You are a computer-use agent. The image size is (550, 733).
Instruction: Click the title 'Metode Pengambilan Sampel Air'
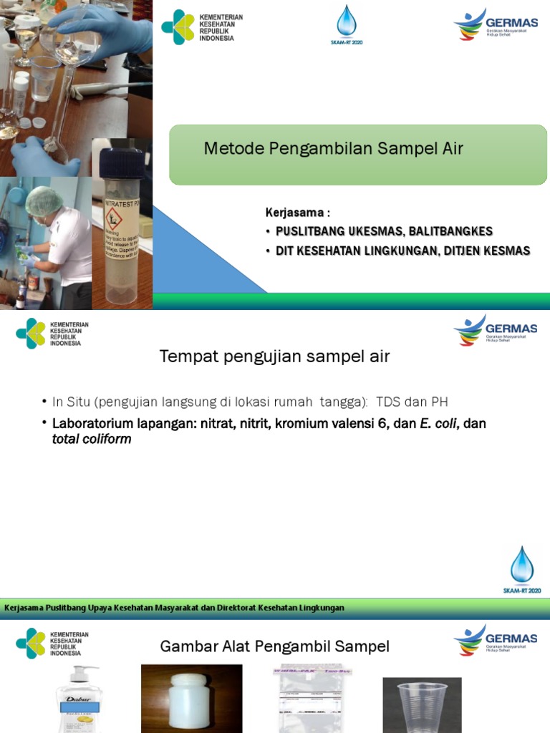[x=334, y=149]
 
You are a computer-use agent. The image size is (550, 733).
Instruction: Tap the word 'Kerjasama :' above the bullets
[x=298, y=213]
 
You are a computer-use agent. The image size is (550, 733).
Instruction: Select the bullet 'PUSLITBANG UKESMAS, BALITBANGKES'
[x=384, y=231]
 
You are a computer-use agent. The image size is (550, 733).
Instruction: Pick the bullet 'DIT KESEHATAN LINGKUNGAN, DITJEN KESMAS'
[x=402, y=251]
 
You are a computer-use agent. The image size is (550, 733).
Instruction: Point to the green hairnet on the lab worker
[x=44, y=200]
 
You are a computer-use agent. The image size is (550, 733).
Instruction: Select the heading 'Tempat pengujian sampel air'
[x=274, y=356]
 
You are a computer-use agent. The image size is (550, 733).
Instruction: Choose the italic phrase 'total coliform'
[x=92, y=440]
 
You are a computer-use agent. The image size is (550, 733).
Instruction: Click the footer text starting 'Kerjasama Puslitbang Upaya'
[x=174, y=608]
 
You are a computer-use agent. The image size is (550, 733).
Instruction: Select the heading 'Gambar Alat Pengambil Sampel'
[x=274, y=646]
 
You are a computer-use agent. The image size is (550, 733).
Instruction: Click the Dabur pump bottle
[x=79, y=700]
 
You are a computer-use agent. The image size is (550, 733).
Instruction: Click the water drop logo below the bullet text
[x=522, y=566]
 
